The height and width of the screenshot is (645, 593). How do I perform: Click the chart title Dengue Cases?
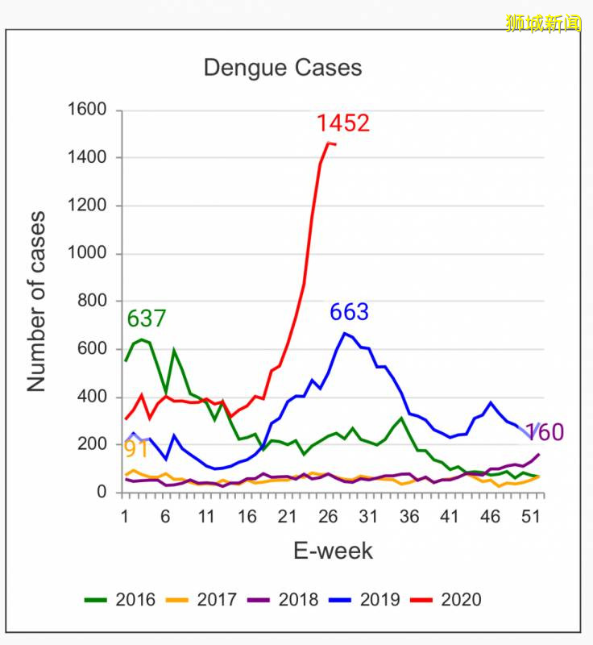pos(282,68)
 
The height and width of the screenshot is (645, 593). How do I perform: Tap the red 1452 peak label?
pos(342,123)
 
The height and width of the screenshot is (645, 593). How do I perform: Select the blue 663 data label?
pos(349,312)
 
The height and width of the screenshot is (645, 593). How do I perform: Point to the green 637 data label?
pos(147,319)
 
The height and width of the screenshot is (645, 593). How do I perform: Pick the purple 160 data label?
pos(545,433)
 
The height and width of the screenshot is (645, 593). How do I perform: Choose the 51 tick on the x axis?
pos(529,517)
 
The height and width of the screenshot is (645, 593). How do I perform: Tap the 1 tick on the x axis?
pos(126,517)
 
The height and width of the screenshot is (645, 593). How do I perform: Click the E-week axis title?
pos(333,551)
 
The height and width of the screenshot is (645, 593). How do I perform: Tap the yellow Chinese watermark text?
pos(544,23)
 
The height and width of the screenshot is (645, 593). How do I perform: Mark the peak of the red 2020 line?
pos(328,143)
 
